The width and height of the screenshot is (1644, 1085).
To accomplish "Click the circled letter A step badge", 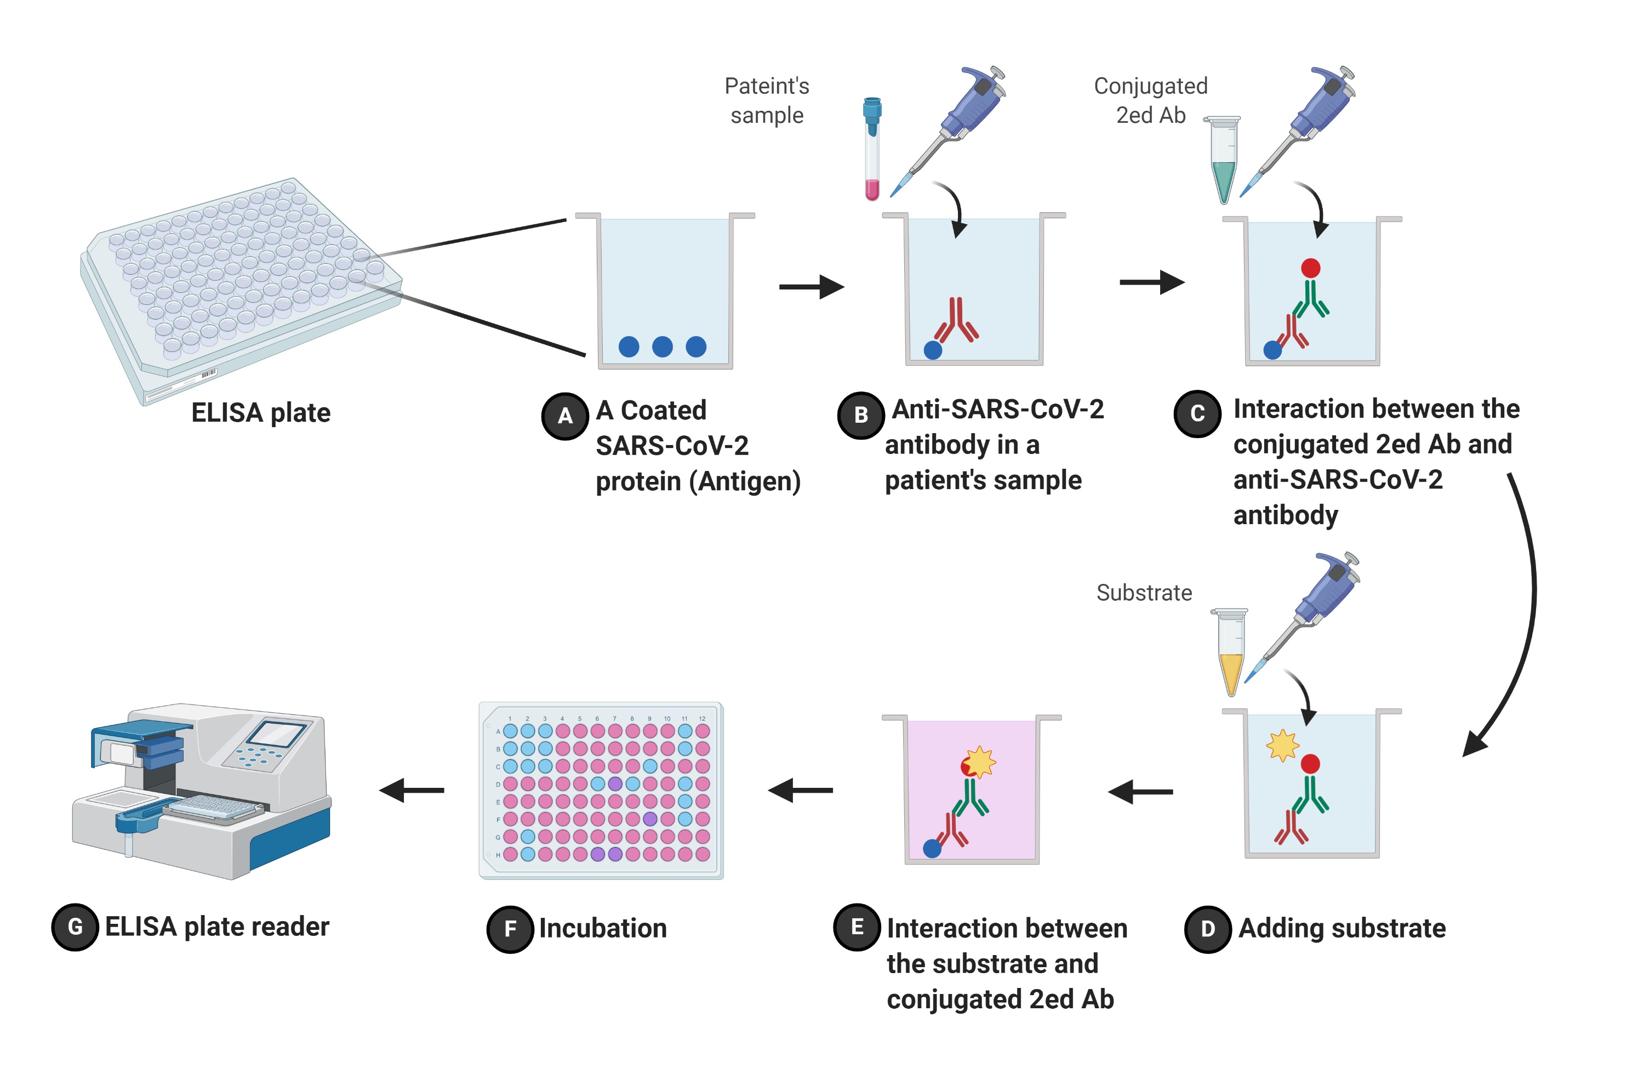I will [564, 416].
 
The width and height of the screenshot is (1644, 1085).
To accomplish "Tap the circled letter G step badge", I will [75, 927].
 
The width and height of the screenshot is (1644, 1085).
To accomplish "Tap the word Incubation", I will [602, 929].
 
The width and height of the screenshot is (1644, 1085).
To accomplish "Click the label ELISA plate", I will [261, 413].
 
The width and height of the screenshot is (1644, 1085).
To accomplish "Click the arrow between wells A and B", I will [810, 287].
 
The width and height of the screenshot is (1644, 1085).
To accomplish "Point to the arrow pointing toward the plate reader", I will [412, 790].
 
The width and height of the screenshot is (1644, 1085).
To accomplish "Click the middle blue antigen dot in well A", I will [662, 346].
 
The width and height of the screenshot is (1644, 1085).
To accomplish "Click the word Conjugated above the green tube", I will [1150, 87].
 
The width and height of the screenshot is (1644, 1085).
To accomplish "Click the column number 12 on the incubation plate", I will [702, 719].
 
